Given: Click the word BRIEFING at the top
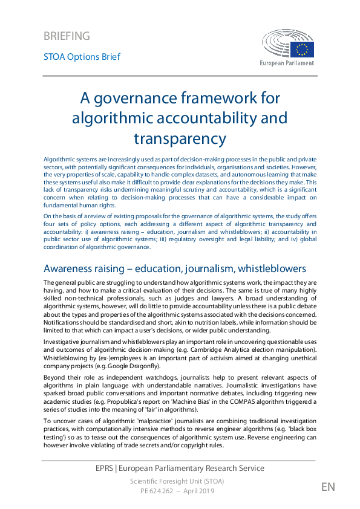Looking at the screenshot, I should pos(67,36).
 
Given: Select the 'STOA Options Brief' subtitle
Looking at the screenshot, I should pos(82,57).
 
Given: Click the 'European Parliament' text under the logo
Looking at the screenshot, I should pos(287,63).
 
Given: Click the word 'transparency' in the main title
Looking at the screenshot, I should pos(180,138).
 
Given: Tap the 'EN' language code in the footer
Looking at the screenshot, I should pos(328,487).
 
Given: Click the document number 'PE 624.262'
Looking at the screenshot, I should pos(155,491).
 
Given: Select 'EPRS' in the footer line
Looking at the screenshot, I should pos(106,468).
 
